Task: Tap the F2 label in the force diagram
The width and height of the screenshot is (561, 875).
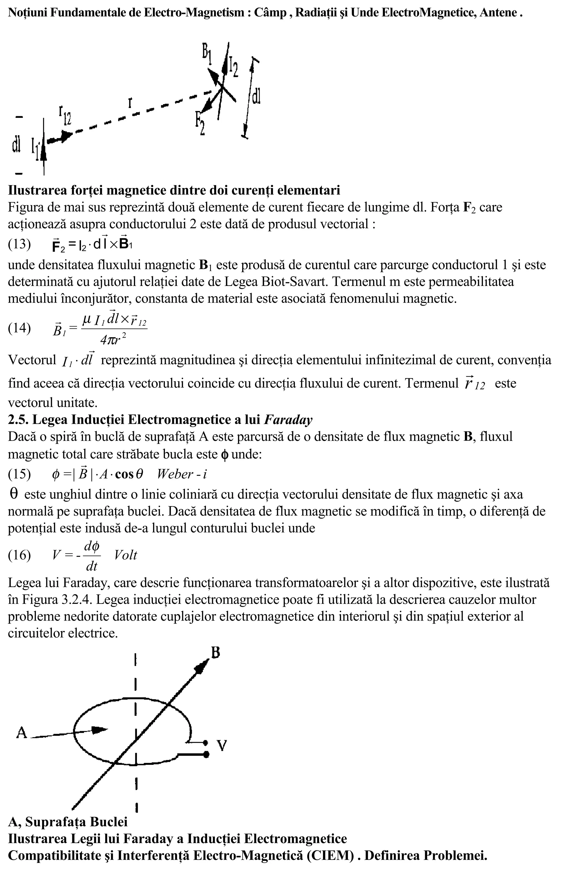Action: click(x=200, y=124)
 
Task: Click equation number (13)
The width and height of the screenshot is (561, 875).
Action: click(x=19, y=244)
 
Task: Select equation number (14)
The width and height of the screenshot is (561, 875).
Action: click(x=19, y=328)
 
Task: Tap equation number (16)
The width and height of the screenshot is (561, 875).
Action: click(x=19, y=555)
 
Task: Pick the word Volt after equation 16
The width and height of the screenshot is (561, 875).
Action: click(x=125, y=555)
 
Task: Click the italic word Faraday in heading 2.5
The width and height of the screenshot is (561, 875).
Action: click(x=288, y=420)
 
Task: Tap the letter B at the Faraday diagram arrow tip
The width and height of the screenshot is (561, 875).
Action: click(x=215, y=653)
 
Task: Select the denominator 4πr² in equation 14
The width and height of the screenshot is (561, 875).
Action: click(x=114, y=339)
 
